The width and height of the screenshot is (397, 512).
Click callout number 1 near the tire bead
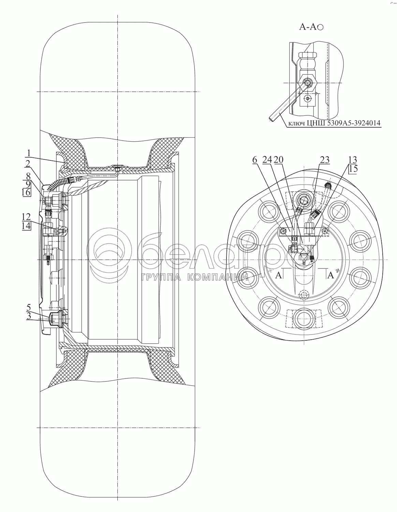pos(28,153)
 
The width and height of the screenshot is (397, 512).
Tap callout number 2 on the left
pos(28,163)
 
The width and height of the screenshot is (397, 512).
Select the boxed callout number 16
pos(26,193)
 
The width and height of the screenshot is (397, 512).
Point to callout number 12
pos(26,216)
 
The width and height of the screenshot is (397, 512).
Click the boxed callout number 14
pos(26,226)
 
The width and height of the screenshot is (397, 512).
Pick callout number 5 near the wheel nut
pos(28,307)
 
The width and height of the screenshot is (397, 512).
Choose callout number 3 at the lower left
pos(28,316)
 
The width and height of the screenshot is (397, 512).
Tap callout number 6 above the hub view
pos(255,160)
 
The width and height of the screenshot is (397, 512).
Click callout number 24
pos(267,160)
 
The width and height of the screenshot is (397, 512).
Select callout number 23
pos(325,160)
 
